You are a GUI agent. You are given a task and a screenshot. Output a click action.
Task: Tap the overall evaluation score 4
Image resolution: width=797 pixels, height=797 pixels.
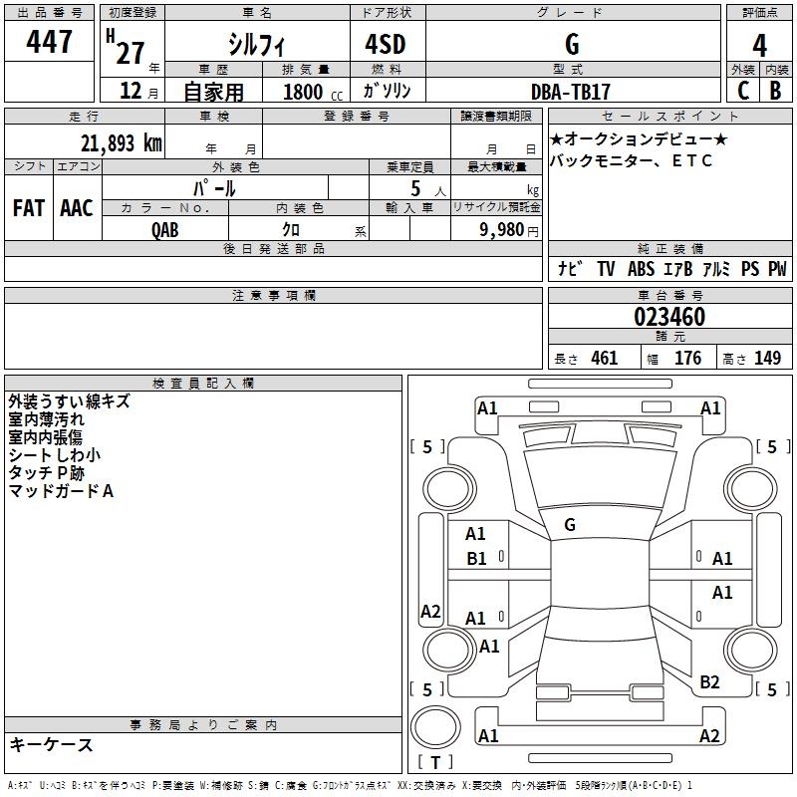point(760,45)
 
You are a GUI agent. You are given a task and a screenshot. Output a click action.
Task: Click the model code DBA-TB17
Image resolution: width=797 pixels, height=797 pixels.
point(571,91)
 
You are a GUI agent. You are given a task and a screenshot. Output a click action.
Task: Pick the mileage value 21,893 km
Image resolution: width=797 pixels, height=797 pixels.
point(121,143)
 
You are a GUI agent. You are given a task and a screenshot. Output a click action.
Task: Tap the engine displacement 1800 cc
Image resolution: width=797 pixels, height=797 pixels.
point(310,92)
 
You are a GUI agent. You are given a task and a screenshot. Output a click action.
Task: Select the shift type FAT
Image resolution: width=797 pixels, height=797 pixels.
point(28,208)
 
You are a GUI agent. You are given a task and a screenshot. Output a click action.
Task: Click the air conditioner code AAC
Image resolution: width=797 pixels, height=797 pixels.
point(77,208)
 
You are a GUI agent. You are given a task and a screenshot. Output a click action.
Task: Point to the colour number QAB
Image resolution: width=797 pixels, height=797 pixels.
point(165,229)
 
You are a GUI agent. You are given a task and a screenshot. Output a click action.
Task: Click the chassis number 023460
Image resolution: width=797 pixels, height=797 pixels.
point(669,317)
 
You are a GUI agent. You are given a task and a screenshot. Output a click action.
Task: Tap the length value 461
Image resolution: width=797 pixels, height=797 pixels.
point(604,359)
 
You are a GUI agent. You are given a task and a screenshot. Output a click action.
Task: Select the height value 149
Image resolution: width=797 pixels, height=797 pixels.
point(767,359)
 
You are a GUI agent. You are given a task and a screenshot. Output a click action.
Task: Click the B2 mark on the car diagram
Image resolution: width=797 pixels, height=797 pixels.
point(709,682)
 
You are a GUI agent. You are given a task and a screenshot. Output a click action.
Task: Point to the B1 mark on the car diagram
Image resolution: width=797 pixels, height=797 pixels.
point(476,559)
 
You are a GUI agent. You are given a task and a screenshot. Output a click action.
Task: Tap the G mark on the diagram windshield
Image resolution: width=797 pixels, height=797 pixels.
point(570,525)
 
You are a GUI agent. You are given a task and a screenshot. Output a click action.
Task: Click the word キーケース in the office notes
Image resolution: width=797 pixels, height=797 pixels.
point(52,745)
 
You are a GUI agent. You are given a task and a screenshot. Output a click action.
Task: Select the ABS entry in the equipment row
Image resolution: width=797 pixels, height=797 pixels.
point(641,269)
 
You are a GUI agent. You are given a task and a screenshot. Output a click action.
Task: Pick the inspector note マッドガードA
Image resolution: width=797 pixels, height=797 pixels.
point(61,491)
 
